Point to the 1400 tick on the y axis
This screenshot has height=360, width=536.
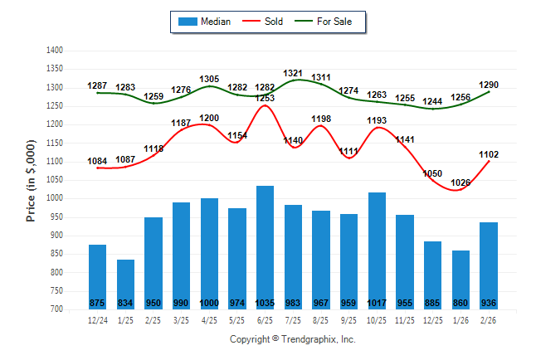[55, 51]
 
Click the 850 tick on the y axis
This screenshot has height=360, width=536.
[57, 254]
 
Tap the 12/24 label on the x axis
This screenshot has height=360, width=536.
[97, 319]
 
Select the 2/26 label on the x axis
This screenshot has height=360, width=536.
[489, 319]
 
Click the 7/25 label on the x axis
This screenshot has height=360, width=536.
[293, 319]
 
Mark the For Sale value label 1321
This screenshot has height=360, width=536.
[294, 74]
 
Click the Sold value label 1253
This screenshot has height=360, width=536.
[266, 99]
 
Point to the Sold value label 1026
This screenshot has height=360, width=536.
[460, 182]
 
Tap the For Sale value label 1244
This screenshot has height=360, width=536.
[433, 101]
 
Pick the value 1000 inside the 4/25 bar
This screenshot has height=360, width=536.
[209, 303]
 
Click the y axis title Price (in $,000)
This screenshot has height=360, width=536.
[31, 180]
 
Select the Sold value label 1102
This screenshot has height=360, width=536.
[489, 153]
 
